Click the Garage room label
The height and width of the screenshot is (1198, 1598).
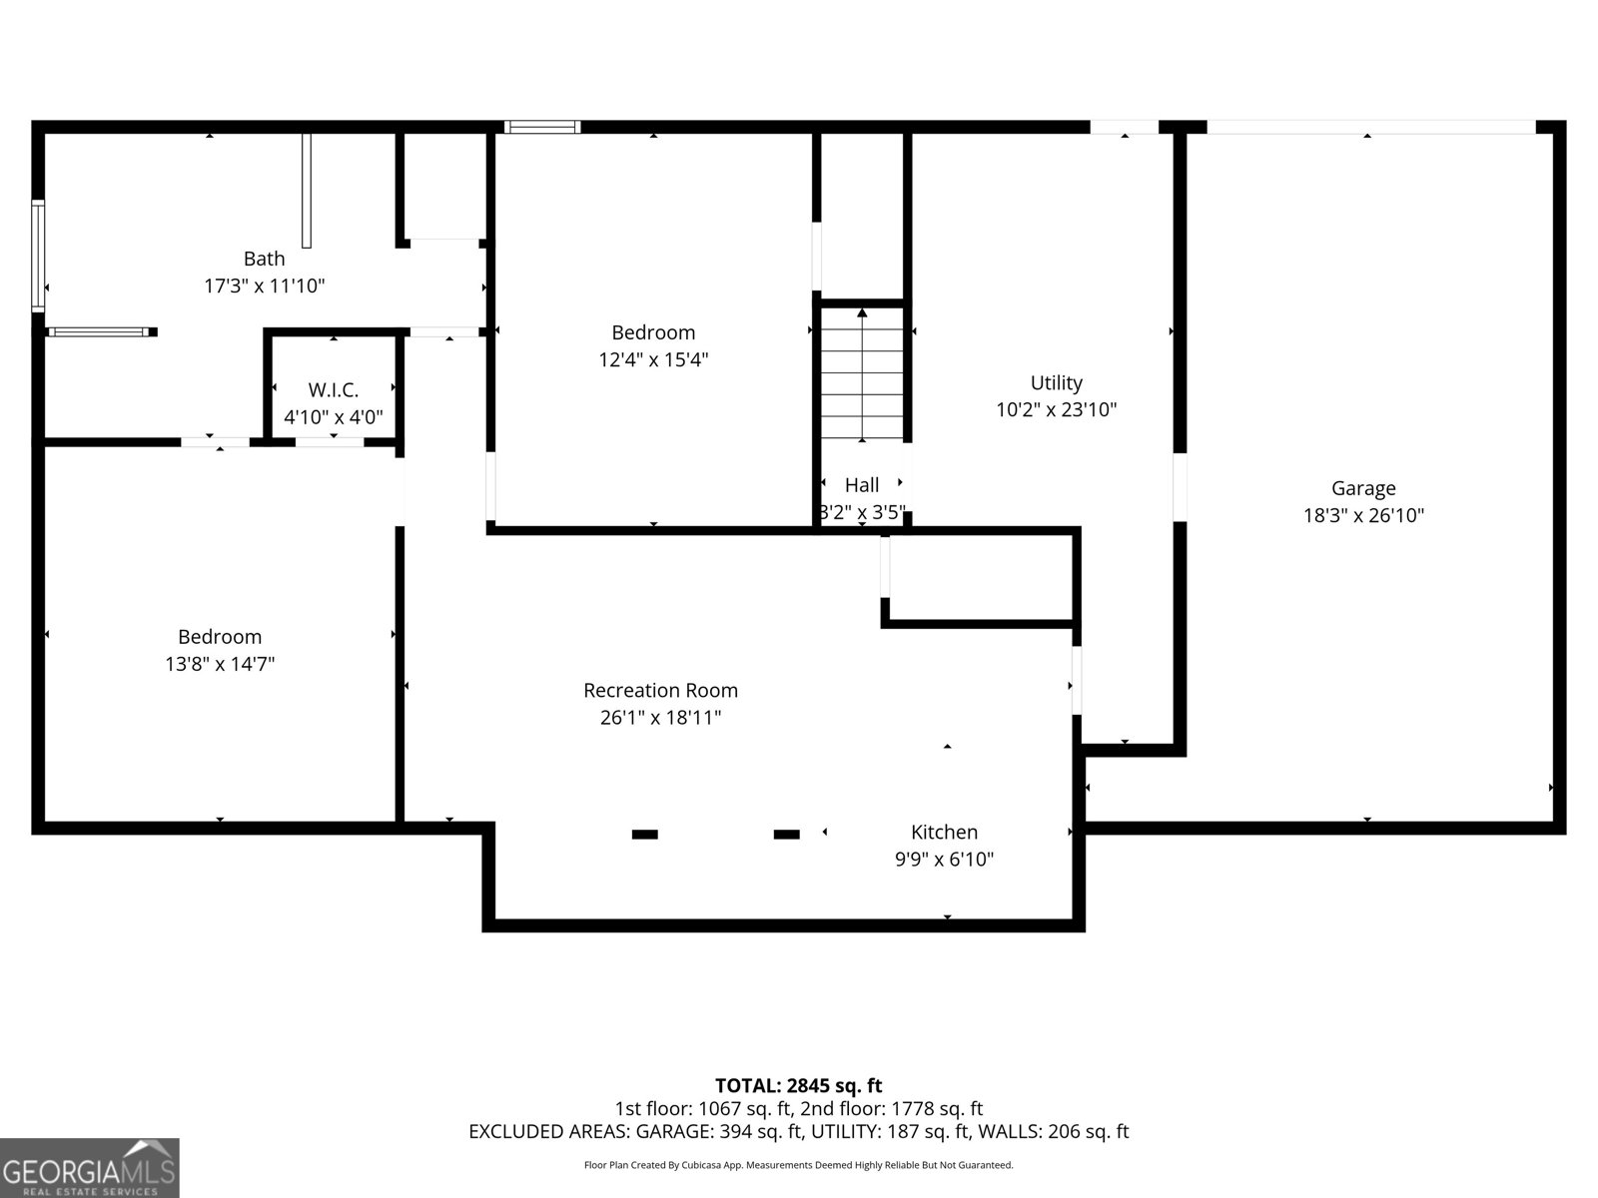[x=1362, y=488]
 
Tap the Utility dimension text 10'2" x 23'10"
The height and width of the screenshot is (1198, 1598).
[x=1056, y=409]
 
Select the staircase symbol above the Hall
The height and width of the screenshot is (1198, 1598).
[x=862, y=375]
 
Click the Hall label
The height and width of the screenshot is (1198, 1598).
[x=861, y=485]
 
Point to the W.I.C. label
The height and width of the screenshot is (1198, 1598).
[x=333, y=390]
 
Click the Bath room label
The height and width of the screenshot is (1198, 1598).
[x=264, y=259]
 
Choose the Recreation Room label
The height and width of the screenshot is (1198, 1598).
[x=660, y=690]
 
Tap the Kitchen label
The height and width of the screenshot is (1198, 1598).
[x=944, y=832]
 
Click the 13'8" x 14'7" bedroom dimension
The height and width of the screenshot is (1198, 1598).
[x=220, y=663]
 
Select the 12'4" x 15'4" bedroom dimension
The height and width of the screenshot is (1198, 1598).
[x=653, y=359]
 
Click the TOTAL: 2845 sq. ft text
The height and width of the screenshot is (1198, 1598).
[x=798, y=1085]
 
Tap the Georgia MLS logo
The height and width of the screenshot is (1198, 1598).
[x=90, y=1167]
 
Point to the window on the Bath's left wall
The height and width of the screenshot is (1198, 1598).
[x=38, y=256]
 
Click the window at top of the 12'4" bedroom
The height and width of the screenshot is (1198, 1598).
[x=542, y=127]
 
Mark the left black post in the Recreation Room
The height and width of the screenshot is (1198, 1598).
[x=645, y=835]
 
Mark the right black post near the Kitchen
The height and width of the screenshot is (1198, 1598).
[x=787, y=835]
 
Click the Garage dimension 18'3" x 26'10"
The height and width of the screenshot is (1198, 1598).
[x=1362, y=515]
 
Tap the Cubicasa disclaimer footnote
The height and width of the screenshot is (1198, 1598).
[x=798, y=1165]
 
